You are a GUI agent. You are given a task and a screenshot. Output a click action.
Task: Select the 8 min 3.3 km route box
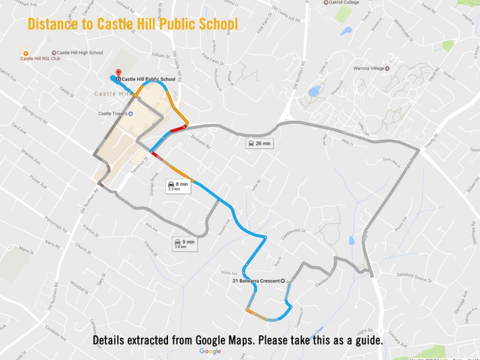point(178,186)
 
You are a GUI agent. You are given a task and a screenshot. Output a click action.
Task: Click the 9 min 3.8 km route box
point(184,243)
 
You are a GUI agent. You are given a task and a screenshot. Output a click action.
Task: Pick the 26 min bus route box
point(259,143)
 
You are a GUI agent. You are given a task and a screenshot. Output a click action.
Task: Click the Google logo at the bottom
point(210,351)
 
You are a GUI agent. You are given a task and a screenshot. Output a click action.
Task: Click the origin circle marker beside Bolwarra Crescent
point(283,281)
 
